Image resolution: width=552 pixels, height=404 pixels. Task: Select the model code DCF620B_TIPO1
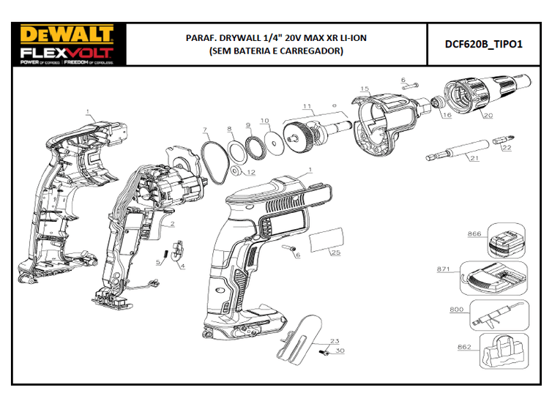[x=484, y=44]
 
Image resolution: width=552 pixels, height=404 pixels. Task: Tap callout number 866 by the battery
[x=474, y=235]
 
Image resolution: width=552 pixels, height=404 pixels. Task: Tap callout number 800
[x=457, y=310]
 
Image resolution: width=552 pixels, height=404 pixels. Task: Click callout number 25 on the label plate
[x=335, y=253]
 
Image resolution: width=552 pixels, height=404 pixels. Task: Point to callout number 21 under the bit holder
[x=474, y=158]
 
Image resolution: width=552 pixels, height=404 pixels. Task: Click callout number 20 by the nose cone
[x=488, y=116]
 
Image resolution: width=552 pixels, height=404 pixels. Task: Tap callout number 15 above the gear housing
[x=365, y=89]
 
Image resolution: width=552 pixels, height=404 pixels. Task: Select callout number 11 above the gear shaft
[x=307, y=107]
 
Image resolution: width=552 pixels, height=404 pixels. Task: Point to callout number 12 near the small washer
[x=250, y=173]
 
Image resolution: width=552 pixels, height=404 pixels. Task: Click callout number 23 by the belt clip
[x=335, y=342]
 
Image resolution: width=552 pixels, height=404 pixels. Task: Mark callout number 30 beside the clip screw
[x=339, y=351]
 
